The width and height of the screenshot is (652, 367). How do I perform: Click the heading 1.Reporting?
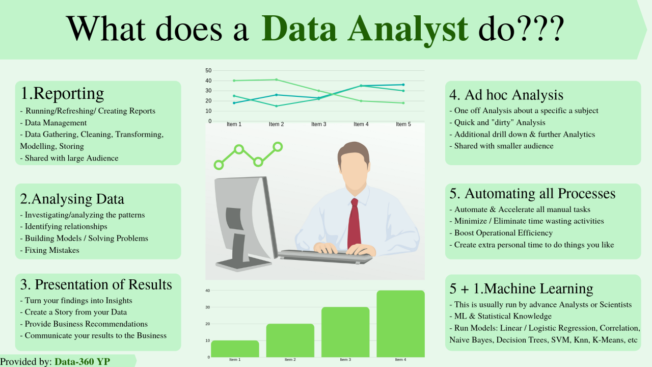click(62, 94)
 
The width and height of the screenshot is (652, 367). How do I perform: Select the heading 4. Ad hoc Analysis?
click(506, 95)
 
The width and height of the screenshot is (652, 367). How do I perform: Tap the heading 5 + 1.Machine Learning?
click(521, 289)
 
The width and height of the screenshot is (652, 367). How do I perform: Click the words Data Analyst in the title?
click(365, 29)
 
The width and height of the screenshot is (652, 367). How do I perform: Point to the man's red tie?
click(354, 223)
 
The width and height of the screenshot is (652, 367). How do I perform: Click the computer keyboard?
click(325, 256)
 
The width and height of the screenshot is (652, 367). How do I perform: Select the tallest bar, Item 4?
click(400, 324)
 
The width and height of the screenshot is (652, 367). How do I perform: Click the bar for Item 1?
click(235, 349)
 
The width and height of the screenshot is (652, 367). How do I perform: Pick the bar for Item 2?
click(290, 340)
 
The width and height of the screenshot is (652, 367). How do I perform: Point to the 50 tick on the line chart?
click(208, 70)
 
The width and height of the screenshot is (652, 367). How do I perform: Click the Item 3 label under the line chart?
click(319, 124)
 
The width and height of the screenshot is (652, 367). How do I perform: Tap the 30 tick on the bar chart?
click(207, 307)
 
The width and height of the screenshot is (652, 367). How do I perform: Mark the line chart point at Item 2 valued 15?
click(277, 106)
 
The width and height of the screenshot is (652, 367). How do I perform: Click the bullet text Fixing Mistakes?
click(49, 250)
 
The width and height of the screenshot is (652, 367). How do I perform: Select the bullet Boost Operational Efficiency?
click(501, 233)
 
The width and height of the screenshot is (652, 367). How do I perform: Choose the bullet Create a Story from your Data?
click(73, 312)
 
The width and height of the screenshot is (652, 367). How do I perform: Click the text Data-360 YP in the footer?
click(83, 361)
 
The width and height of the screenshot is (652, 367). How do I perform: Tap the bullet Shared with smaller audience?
click(501, 146)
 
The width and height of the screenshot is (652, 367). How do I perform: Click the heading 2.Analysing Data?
click(72, 199)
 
